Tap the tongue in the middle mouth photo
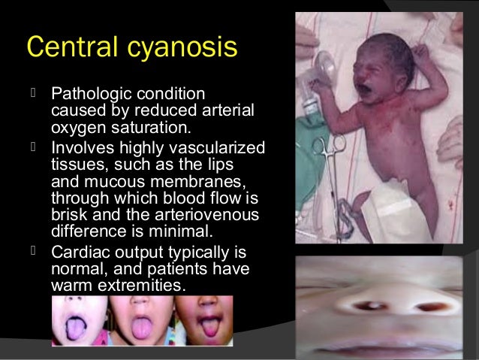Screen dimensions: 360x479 pos(141,331)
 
